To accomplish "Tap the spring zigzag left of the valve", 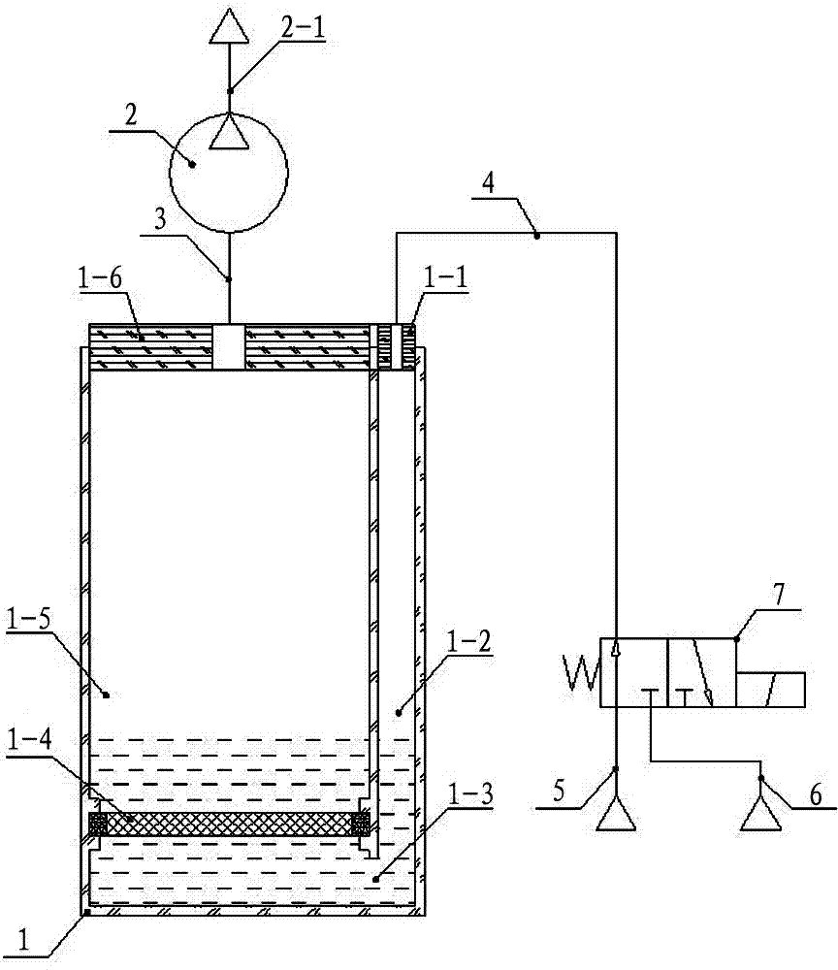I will click(580, 672).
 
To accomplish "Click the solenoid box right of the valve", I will click(771, 689).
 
